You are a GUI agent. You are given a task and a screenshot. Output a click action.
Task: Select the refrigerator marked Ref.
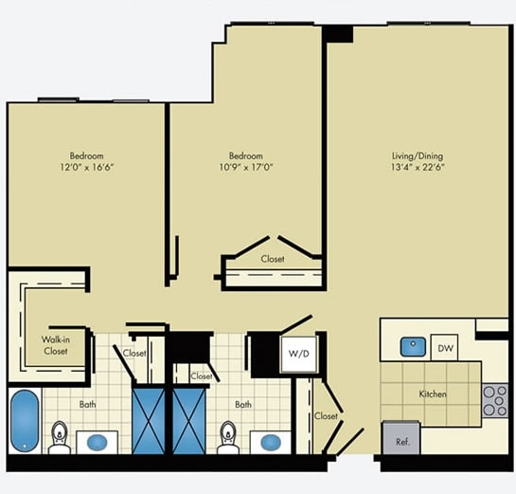click(x=400, y=439)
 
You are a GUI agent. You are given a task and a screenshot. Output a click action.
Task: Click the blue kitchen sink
click(x=412, y=347)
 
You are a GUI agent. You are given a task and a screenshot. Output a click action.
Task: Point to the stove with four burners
click(x=494, y=401)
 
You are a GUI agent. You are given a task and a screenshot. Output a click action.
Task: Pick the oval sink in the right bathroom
click(x=270, y=442)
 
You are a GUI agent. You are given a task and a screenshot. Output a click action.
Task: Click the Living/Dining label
click(x=418, y=156)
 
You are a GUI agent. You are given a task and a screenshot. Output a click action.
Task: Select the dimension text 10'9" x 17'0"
click(x=245, y=168)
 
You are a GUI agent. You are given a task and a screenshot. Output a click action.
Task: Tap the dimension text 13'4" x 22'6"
click(x=418, y=168)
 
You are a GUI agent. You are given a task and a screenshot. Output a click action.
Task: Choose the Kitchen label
click(x=433, y=393)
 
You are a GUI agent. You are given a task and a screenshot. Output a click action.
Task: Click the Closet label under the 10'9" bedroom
click(x=273, y=258)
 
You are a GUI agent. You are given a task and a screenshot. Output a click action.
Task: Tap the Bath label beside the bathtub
click(x=87, y=405)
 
